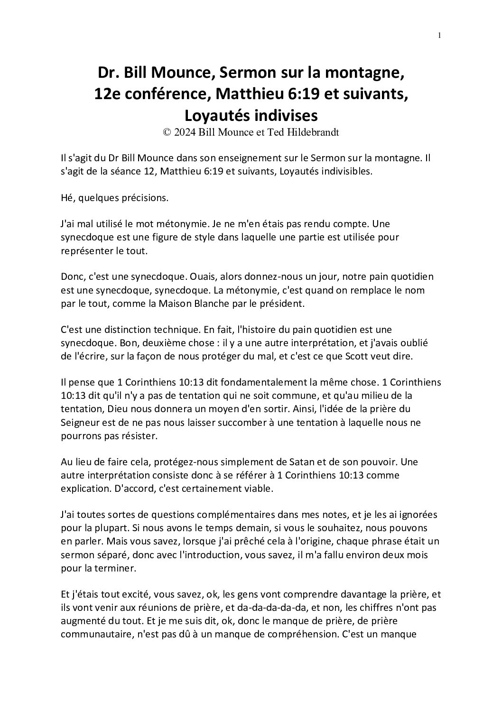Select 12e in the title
(x=106, y=94)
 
